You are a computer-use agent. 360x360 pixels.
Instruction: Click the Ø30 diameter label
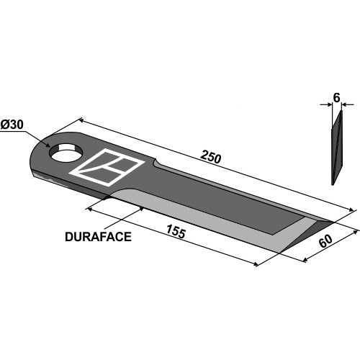click(12, 125)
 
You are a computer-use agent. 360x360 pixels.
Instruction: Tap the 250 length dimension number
click(210, 157)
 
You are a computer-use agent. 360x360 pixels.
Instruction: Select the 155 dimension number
click(176, 232)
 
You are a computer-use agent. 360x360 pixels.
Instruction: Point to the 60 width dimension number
click(325, 240)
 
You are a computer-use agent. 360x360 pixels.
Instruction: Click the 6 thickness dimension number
click(337, 98)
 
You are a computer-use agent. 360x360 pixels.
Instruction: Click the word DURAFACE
click(98, 237)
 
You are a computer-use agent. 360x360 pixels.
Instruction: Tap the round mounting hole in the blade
click(66, 152)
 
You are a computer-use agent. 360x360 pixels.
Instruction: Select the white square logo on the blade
click(107, 167)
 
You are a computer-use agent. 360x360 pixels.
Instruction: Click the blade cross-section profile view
click(337, 148)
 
